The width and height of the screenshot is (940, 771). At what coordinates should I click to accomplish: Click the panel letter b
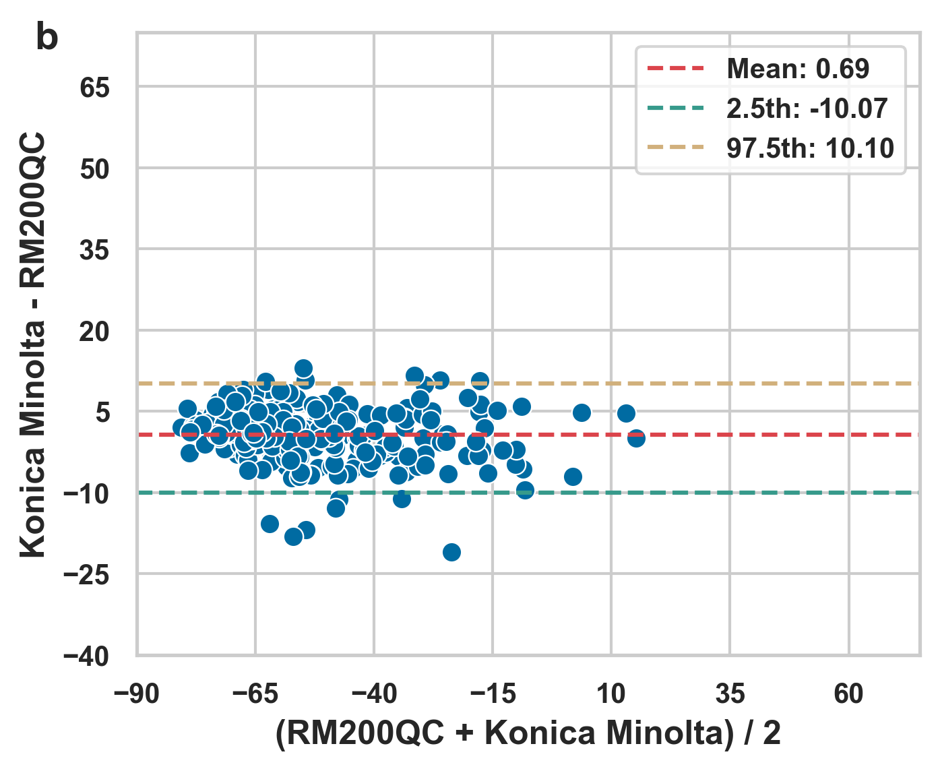click(x=46, y=38)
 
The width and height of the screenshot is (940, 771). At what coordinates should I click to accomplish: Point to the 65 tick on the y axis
click(x=94, y=88)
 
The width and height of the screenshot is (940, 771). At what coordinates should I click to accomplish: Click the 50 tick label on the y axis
click(x=94, y=169)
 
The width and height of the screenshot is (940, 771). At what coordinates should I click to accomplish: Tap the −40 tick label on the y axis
click(x=86, y=656)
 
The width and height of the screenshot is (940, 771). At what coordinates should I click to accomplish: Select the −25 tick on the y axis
click(x=86, y=575)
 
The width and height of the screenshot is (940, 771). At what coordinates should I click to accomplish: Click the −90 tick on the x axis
click(x=137, y=693)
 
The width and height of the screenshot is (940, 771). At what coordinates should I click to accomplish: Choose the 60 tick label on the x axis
click(x=848, y=693)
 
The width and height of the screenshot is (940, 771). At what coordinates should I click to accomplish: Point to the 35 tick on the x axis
click(x=730, y=693)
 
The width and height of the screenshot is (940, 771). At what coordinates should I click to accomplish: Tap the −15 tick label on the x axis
click(x=492, y=693)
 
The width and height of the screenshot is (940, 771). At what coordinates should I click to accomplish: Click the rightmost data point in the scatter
click(x=636, y=439)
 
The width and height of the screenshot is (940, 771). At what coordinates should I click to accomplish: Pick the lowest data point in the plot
click(x=451, y=552)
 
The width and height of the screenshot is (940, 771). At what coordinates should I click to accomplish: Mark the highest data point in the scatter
click(x=304, y=368)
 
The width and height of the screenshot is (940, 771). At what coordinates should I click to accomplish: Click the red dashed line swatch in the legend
click(x=676, y=69)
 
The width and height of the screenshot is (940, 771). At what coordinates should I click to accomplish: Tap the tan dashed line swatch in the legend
click(x=676, y=148)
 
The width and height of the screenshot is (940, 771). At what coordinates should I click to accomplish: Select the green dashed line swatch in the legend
click(x=676, y=109)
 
